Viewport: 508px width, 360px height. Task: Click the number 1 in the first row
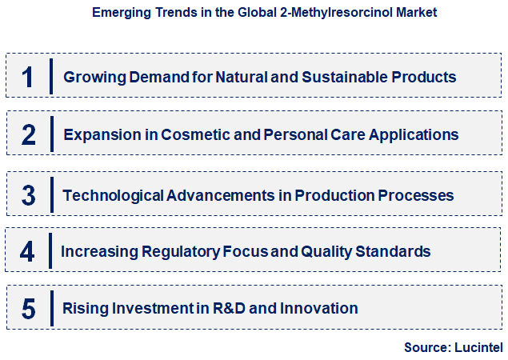tap(28, 77)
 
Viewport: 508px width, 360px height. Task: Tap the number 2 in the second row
tap(28, 135)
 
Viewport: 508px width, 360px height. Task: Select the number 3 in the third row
tap(28, 195)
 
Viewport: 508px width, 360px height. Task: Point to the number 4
tap(28, 252)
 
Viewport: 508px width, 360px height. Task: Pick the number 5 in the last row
tap(28, 309)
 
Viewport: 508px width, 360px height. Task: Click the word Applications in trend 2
tap(416, 135)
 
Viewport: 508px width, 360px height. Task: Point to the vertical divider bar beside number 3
tap(50, 194)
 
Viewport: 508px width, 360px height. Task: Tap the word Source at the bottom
tap(428, 346)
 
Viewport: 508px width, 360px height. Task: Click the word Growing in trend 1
tap(90, 78)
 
